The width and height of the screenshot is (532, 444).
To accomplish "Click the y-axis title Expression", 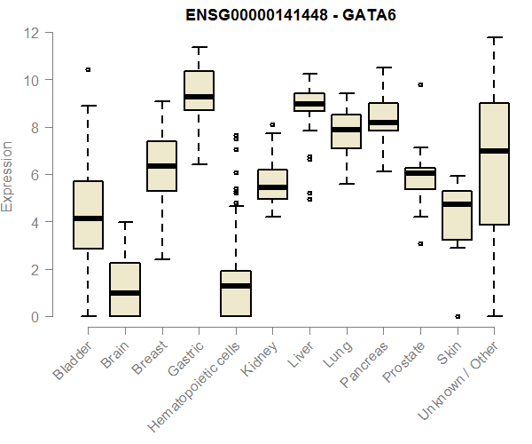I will (8, 176).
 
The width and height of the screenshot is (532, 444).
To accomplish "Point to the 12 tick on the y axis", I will (31, 33).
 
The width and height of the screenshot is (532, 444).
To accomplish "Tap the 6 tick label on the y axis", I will (31, 175).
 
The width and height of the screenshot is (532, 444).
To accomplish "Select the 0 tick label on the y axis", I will (31, 317).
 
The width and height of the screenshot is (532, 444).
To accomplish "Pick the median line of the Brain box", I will (125, 293).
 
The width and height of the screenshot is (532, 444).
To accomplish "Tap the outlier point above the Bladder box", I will (88, 69).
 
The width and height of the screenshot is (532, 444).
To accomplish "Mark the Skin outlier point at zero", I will (457, 316).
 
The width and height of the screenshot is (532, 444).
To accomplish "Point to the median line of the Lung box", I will (346, 130).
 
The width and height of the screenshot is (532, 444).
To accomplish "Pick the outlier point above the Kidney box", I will (272, 125).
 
